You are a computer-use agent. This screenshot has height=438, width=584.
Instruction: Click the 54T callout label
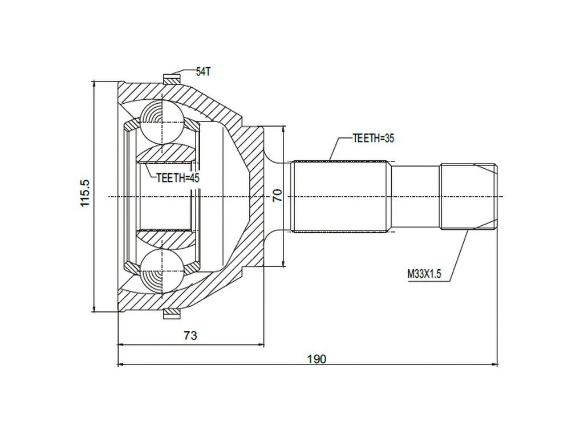204,71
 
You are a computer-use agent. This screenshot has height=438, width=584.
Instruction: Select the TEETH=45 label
177,177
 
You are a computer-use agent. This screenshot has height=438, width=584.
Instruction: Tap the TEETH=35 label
374,138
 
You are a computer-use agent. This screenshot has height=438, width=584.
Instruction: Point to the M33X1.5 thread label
424,274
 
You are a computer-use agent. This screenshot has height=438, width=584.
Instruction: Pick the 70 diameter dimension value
277,196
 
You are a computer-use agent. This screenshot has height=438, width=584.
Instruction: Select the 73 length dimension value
190,335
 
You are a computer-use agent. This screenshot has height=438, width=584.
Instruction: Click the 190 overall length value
317,359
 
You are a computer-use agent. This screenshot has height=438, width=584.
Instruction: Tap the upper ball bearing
162,121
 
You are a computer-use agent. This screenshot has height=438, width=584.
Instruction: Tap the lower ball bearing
162,272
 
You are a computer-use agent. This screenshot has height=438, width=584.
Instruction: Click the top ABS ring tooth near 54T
171,79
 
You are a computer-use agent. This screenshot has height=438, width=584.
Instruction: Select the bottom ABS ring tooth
171,314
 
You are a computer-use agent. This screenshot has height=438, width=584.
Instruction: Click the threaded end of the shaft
468,197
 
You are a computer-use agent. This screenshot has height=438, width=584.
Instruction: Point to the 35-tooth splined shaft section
341,197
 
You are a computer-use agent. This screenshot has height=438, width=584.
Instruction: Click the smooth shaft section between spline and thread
415,197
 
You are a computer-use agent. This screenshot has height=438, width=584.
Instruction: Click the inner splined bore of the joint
165,197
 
